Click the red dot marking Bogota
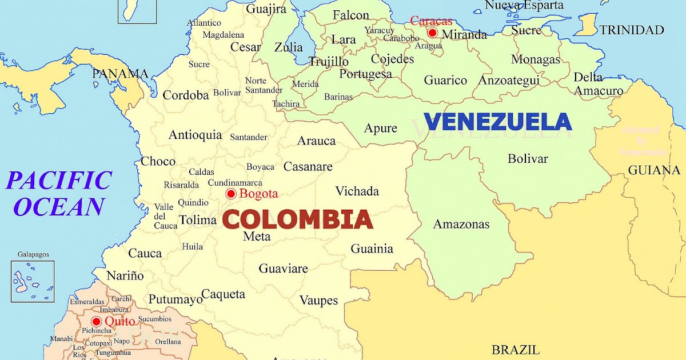231,194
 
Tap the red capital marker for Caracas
432,33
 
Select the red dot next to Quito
96,321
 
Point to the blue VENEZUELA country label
497,122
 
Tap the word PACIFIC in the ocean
58,181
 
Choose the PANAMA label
120,74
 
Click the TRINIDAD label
632,30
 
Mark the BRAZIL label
516,350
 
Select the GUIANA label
655,170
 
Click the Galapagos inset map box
33,281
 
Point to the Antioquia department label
195,135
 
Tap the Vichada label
357,191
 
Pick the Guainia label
372,249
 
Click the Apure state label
381,128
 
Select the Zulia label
289,47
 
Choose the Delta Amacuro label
598,84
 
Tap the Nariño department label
125,275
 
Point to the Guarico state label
445,81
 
